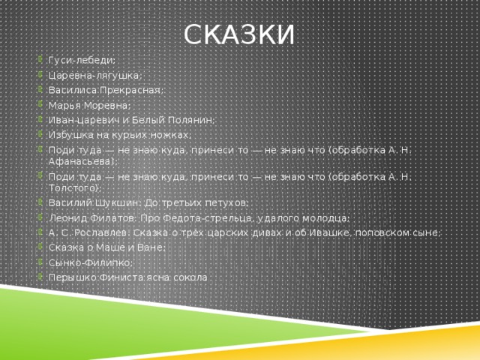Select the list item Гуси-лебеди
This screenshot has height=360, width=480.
pos(82,59)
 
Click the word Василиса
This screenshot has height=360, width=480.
pos(70,90)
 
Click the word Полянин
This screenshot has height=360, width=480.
pos(193,120)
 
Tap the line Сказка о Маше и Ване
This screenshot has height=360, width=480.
pos(106,247)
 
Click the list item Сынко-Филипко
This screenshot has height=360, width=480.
pos(89,262)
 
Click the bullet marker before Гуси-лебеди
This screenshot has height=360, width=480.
pos(40,59)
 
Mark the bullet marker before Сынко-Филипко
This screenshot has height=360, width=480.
pos(40,262)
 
